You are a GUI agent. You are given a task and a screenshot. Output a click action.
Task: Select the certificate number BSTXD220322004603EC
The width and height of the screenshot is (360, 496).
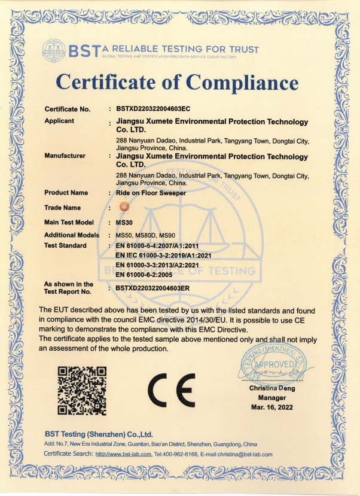tap(153, 109)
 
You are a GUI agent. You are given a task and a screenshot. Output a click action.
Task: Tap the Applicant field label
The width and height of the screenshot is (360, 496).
tap(59, 121)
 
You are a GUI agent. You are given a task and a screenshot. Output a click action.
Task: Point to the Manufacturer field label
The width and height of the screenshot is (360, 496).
tap(65, 156)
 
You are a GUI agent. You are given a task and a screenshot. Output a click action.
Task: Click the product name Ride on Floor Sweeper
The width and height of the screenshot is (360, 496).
tap(151, 193)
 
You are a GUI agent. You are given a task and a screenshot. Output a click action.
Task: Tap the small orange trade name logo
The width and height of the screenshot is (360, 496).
tap(125, 207)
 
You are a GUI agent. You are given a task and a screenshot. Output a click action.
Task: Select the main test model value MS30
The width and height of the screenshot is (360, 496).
tap(123, 222)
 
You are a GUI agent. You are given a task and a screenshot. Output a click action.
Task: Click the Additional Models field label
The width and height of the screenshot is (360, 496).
tap(72, 235)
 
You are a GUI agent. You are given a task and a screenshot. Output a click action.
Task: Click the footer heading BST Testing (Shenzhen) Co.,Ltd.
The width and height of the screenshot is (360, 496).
tap(99, 434)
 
